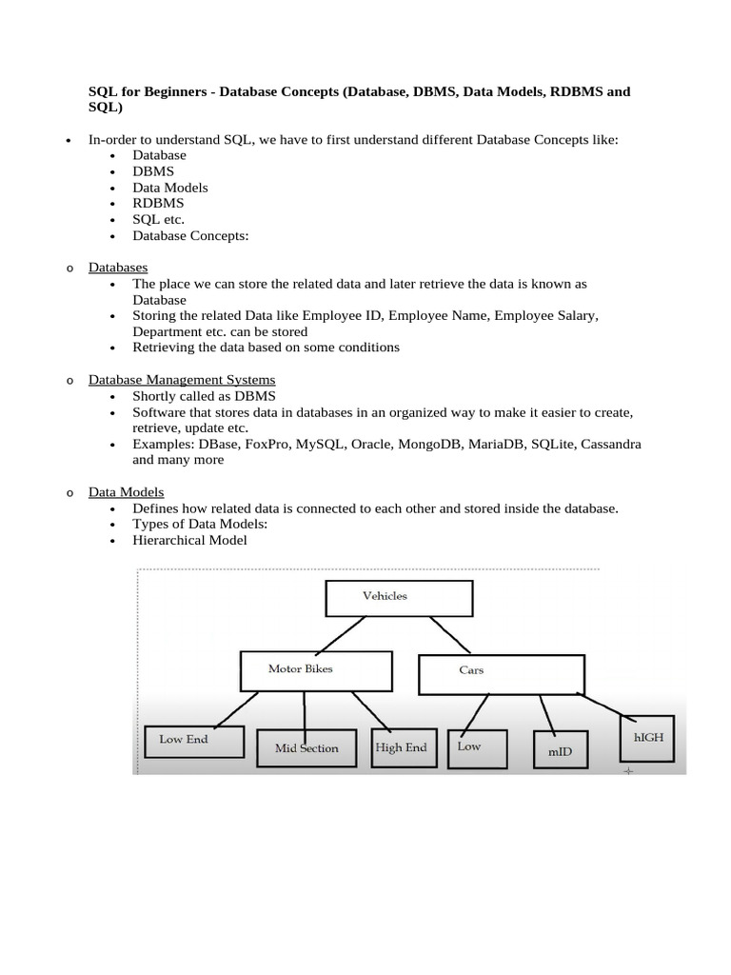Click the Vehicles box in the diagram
pos(399,597)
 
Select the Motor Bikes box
pos(316,670)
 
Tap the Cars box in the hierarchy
pos(501,672)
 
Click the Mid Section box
pos(306,749)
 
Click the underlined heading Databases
pos(118,268)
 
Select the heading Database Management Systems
pos(182,380)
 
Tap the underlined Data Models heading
pos(126,492)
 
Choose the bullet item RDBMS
pos(158,203)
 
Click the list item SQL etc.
pos(158,219)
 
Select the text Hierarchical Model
pos(189,541)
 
